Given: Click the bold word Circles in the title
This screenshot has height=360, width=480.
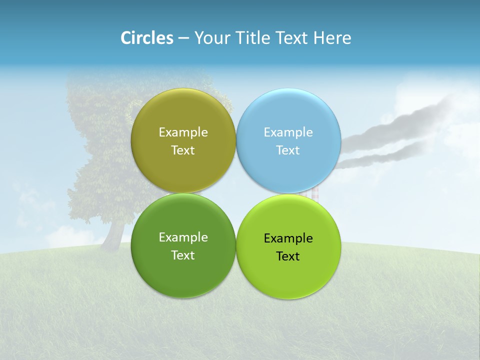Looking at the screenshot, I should [x=147, y=38].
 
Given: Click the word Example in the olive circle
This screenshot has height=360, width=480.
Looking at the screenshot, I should [x=183, y=132].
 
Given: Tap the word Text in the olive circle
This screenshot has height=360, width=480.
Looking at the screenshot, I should [x=183, y=150].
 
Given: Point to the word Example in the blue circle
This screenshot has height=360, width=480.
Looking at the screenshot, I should [x=288, y=132].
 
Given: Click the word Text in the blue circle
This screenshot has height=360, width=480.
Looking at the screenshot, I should [x=288, y=150].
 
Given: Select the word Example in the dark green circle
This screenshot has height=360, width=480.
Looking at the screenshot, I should [x=183, y=237].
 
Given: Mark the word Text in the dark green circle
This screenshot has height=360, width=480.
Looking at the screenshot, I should [x=183, y=255].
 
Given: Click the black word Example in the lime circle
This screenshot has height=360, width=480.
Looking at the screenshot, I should [x=288, y=238].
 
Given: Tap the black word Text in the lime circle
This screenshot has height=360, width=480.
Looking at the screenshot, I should [x=288, y=256].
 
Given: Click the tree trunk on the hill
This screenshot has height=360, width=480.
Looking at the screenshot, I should [x=114, y=235].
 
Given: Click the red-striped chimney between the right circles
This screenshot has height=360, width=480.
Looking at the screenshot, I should [x=315, y=194].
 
